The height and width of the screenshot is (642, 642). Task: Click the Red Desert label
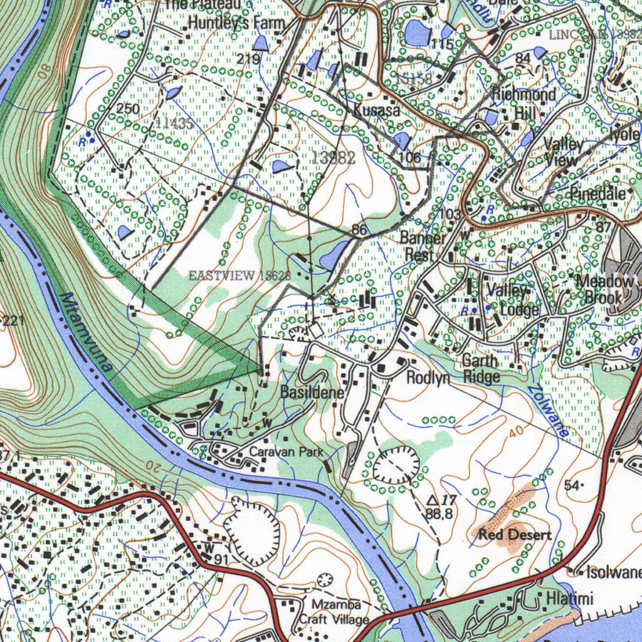pos(515,535)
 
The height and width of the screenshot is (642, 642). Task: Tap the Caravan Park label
pos(286,451)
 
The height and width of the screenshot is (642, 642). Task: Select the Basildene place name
pos(312,393)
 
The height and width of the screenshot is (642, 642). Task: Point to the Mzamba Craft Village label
pos(334,612)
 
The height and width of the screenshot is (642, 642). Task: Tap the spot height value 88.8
pos(438,513)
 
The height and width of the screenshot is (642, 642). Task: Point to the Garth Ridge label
pos(481,369)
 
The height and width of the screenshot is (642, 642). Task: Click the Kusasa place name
pos(376,110)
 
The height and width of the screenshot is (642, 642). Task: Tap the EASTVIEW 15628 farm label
pos(239,275)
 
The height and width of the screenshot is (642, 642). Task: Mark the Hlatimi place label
pos(569,599)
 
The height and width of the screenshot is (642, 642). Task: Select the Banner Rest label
pos(423,246)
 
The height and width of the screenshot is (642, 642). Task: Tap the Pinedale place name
pos(597,194)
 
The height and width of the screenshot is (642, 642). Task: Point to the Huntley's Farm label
pos(236,23)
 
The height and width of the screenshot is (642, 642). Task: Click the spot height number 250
pos(128,108)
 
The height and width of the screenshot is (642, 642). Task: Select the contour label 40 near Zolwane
pos(515,432)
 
